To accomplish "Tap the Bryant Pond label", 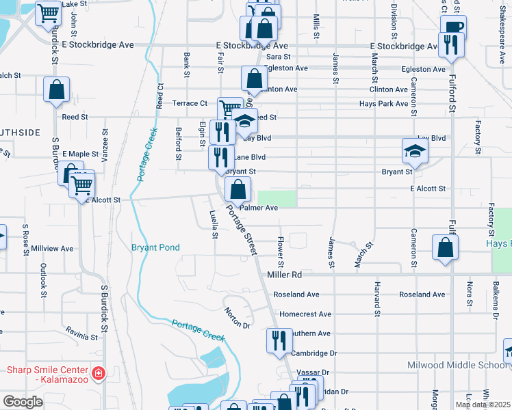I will [155, 247].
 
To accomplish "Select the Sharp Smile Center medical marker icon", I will [99, 373].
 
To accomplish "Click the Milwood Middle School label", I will [459, 366].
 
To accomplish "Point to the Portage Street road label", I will [242, 232].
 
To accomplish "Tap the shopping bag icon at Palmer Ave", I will [238, 189].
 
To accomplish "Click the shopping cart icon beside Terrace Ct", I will [229, 108].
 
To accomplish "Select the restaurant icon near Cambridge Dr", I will [278, 340].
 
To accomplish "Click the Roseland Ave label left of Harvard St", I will [296, 295].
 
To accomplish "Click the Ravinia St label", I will [82, 336].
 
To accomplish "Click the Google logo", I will [23, 402].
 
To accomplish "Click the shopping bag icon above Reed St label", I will [56, 89].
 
